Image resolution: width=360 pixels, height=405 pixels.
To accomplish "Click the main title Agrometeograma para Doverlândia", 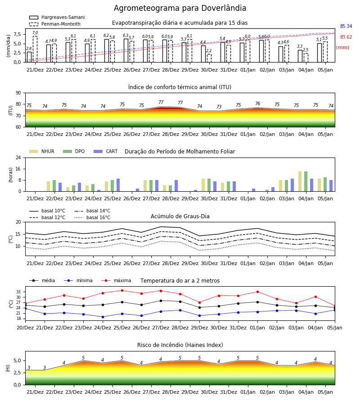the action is point(180,8).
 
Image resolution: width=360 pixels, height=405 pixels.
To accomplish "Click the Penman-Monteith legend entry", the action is point(55,24).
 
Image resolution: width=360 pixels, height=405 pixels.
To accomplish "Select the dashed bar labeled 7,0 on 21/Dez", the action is point(35,49).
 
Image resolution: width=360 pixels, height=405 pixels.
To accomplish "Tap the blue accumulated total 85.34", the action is point(346,27).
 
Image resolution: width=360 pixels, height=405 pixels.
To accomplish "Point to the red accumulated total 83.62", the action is point(346,37).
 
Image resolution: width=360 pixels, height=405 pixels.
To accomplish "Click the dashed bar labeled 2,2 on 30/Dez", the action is point(209,58).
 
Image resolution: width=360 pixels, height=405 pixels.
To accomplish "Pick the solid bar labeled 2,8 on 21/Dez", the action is point(29,57).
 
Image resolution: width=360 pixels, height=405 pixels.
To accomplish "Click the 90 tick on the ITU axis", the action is point(18,93).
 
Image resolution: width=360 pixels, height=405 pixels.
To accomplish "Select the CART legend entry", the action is point(106,151).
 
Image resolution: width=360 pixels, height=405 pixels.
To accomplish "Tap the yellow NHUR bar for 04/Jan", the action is point(300,181).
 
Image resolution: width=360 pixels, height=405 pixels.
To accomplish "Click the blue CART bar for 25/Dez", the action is point(118,185).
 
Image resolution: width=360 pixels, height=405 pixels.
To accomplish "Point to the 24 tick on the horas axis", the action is point(18,157).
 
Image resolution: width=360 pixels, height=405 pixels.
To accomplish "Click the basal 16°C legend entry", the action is point(92,217).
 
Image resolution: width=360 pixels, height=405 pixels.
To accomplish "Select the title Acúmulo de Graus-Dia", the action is point(180,216).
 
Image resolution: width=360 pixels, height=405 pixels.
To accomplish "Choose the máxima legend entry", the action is point(116,280).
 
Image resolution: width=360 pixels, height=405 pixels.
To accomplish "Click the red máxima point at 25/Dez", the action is point(122,291).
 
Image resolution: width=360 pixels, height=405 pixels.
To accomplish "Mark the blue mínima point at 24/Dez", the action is point(103,317).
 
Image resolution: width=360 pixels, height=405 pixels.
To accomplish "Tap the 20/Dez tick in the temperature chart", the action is point(25,328).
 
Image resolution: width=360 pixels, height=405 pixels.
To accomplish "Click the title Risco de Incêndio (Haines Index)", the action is point(180,345).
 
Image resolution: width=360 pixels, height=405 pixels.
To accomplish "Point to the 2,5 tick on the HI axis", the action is point(18,373).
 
